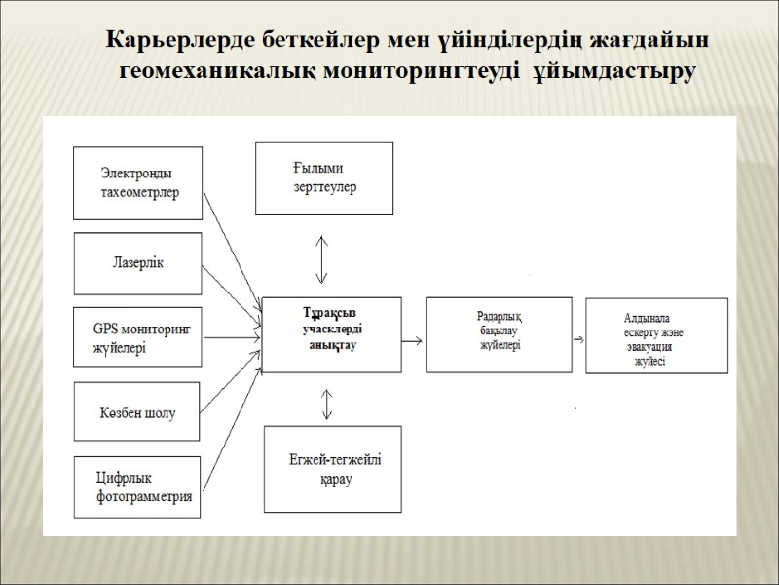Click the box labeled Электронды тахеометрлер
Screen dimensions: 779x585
tap(139, 182)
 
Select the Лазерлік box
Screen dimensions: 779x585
tap(138, 263)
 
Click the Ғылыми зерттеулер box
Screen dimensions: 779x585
tap(324, 177)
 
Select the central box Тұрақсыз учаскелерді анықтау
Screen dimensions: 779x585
tap(332, 333)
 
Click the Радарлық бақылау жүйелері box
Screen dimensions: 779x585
tap(500, 333)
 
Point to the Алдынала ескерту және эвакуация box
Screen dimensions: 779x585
tap(655, 335)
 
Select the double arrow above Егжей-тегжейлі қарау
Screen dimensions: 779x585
tap(326, 404)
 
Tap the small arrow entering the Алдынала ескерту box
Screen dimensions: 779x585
tap(578, 339)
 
